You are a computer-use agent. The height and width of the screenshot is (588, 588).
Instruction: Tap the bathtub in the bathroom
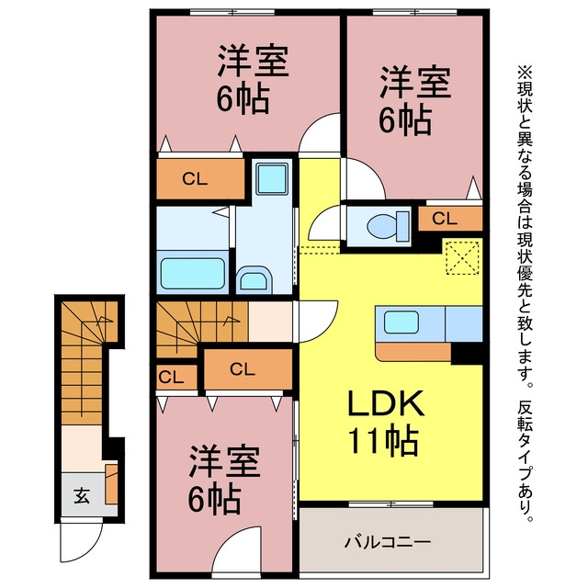193,273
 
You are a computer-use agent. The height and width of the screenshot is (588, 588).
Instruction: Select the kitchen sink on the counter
401,322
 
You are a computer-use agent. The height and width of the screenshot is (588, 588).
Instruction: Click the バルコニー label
388,542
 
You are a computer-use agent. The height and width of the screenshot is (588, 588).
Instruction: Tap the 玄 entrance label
82,496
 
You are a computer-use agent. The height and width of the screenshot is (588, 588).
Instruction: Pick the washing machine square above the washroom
272,178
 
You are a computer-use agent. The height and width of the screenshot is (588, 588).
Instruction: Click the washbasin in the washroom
254,279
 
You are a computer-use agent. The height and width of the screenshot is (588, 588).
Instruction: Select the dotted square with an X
462,257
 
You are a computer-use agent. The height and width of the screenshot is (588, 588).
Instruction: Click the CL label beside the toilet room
445,219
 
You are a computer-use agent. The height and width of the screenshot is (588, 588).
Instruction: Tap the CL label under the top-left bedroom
195,179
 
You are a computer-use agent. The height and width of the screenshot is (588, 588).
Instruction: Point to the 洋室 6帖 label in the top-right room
414,100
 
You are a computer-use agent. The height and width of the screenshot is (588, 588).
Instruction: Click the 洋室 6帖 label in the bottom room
224,479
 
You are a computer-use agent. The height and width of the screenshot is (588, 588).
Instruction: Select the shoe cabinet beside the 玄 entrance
111,484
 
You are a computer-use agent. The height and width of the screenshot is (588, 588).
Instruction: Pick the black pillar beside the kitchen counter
467,353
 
